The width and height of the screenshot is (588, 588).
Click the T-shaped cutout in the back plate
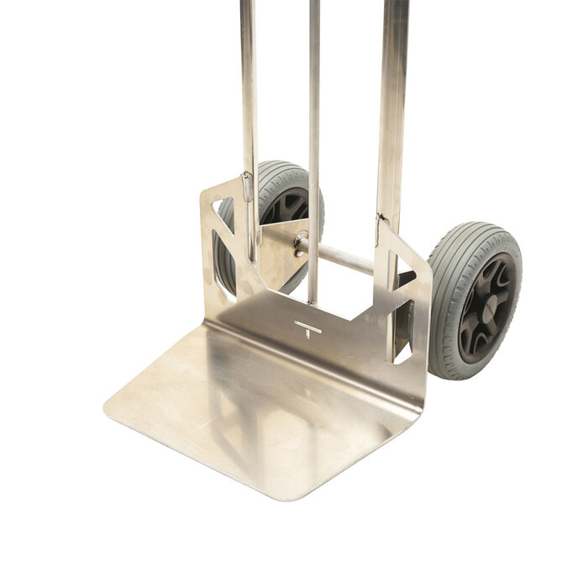(x=308, y=328)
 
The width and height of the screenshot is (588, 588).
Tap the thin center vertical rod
(x=313, y=126)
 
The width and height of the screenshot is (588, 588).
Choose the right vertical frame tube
(x=392, y=101)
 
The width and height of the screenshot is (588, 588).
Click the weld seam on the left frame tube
(x=247, y=186)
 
